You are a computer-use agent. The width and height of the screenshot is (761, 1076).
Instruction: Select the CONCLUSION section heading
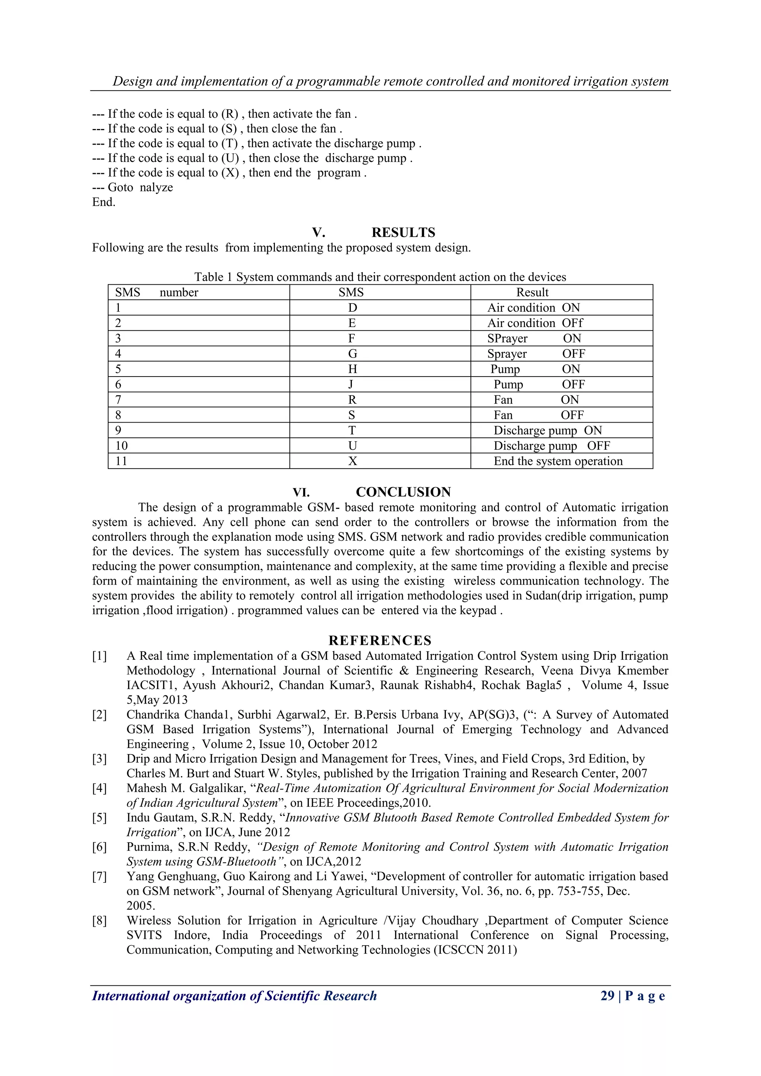pyautogui.click(x=403, y=492)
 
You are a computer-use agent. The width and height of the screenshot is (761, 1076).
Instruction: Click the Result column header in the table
pyautogui.click(x=532, y=293)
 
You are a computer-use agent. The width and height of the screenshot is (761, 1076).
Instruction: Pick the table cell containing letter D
pyautogui.click(x=352, y=308)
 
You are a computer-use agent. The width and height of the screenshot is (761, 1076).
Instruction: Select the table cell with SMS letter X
pyautogui.click(x=352, y=461)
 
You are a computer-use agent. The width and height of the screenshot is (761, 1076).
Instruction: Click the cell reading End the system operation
pyautogui.click(x=558, y=461)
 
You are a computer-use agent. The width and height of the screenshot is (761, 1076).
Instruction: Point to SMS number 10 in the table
pyautogui.click(x=122, y=446)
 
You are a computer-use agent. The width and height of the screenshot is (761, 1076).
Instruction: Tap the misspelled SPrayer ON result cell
pyautogui.click(x=534, y=338)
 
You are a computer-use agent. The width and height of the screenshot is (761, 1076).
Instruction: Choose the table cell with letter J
pyautogui.click(x=351, y=385)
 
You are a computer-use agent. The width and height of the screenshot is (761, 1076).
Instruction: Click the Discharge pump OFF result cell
pyautogui.click(x=551, y=446)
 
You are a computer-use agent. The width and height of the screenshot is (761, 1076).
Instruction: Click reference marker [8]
pyautogui.click(x=99, y=921)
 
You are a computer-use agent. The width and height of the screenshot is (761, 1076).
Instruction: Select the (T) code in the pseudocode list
pyautogui.click(x=230, y=143)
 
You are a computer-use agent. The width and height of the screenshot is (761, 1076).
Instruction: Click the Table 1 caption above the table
pyautogui.click(x=380, y=277)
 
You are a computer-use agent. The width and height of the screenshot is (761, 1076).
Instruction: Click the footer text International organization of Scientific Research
pyautogui.click(x=234, y=996)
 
